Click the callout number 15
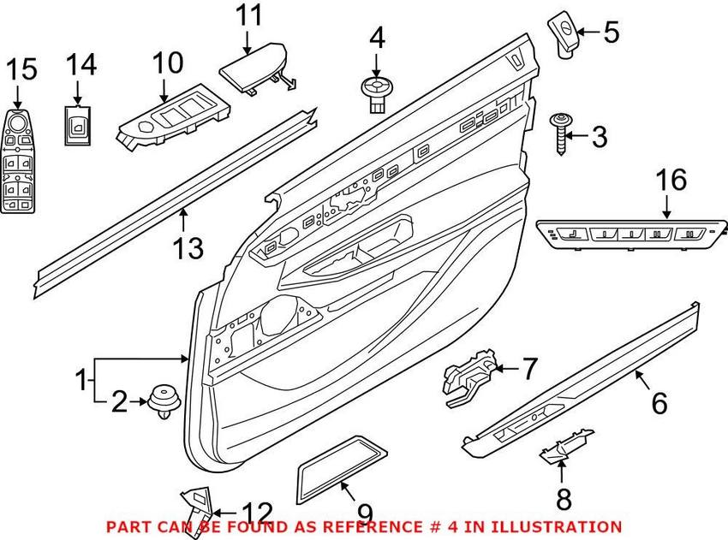pos(23,69)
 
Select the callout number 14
pos(83,64)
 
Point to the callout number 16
pos(671,181)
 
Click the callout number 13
pos(188,248)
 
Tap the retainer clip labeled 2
pos(163,400)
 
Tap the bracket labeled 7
pos(467,377)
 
